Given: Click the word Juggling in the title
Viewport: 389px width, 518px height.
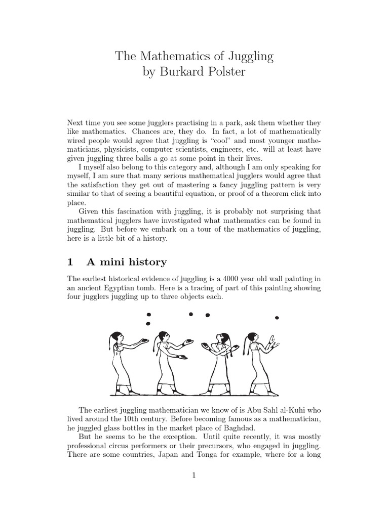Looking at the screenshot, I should click(247, 57).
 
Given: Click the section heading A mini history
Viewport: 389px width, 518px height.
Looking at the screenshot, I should click(126, 262).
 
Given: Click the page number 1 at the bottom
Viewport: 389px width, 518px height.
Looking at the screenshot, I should click(194, 475).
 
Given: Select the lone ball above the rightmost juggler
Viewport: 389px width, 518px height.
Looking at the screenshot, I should click(277, 318).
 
